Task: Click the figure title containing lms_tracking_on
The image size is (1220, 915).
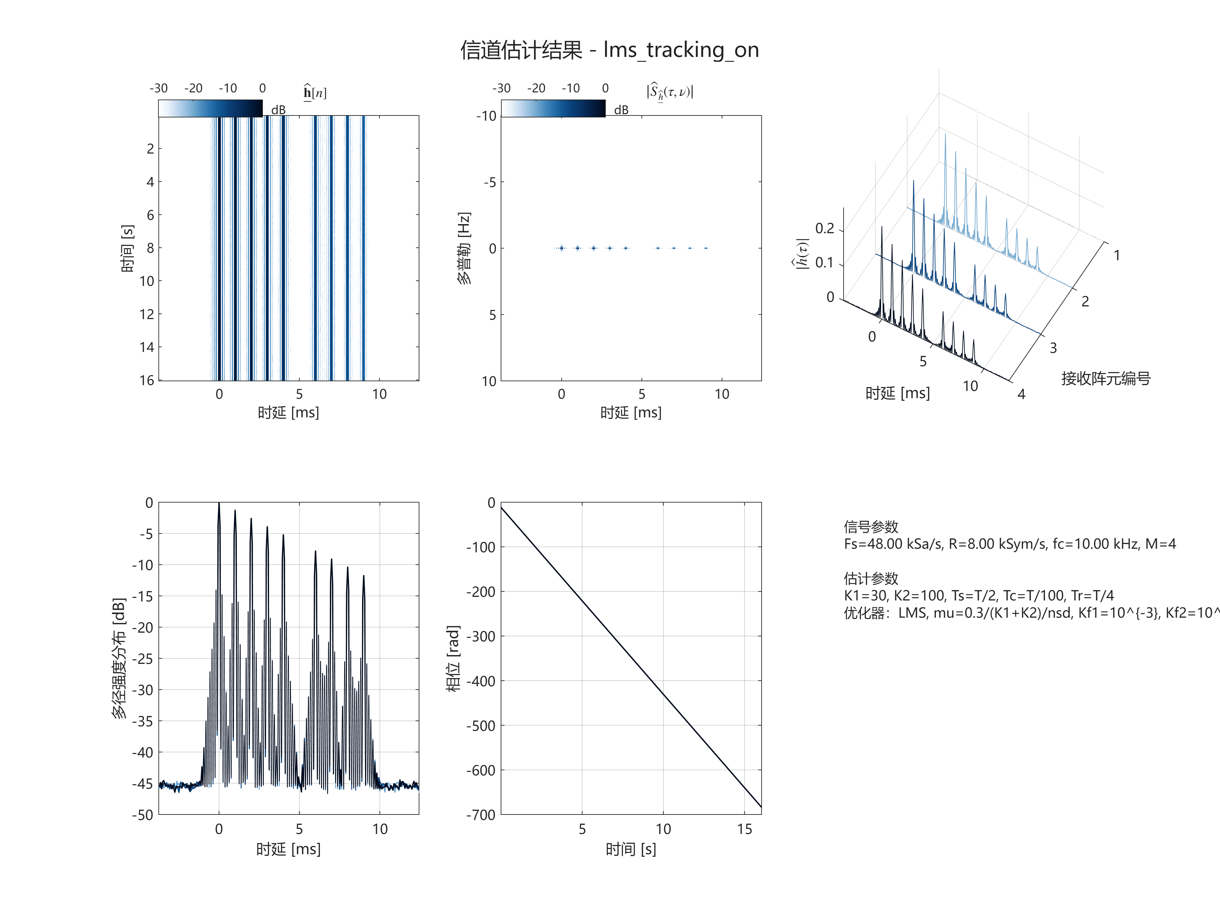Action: (609, 50)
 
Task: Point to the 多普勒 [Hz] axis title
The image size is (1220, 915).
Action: (464, 248)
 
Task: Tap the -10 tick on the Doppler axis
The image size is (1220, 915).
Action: (486, 116)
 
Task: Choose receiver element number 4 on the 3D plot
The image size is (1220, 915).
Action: (1022, 394)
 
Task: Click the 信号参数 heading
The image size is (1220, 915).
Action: (871, 526)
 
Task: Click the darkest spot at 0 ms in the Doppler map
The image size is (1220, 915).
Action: (562, 248)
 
